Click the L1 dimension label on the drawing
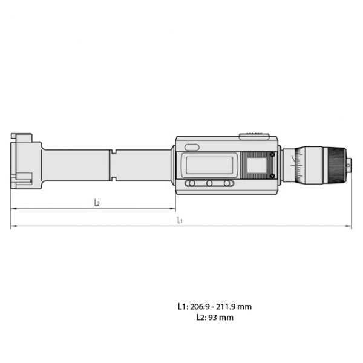coord(180,221)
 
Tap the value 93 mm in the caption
coord(221,317)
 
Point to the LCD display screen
coord(209,165)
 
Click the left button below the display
coord(191,183)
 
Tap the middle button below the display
coord(209,183)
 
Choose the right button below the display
coord(227,183)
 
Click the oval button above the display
coord(192,147)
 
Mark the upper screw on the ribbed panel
coord(272,154)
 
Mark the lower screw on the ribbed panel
coord(272,176)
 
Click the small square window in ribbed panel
coord(257,165)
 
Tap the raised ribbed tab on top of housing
coord(253,136)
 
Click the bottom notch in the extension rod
coord(113,178)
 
